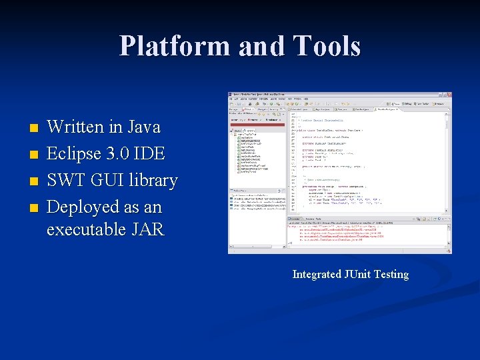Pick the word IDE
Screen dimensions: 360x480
coord(150,153)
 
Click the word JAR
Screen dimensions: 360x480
coord(147,229)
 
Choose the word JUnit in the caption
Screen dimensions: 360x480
coord(361,274)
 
